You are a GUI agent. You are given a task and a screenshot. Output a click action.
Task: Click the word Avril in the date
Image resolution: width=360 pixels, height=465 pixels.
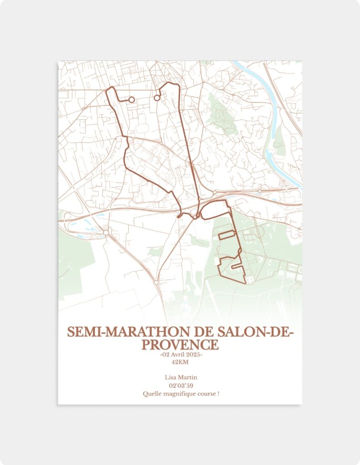(175, 355)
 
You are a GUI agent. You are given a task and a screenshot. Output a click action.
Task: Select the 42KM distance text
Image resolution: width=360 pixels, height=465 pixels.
(180, 362)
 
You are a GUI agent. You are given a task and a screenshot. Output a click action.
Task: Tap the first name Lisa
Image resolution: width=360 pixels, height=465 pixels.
(171, 377)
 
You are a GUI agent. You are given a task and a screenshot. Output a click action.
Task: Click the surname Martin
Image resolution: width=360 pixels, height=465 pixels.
(188, 377)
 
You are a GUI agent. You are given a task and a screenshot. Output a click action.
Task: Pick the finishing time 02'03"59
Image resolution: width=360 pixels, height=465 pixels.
(180, 386)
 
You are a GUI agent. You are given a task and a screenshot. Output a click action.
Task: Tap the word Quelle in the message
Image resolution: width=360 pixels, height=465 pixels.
(151, 393)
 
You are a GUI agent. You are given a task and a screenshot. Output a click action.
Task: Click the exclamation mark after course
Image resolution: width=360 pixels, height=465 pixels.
(218, 393)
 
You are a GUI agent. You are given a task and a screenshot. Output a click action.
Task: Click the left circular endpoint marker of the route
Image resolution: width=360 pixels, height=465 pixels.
(132, 99)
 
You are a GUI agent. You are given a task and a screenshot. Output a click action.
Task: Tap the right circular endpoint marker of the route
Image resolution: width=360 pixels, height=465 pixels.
(157, 98)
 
